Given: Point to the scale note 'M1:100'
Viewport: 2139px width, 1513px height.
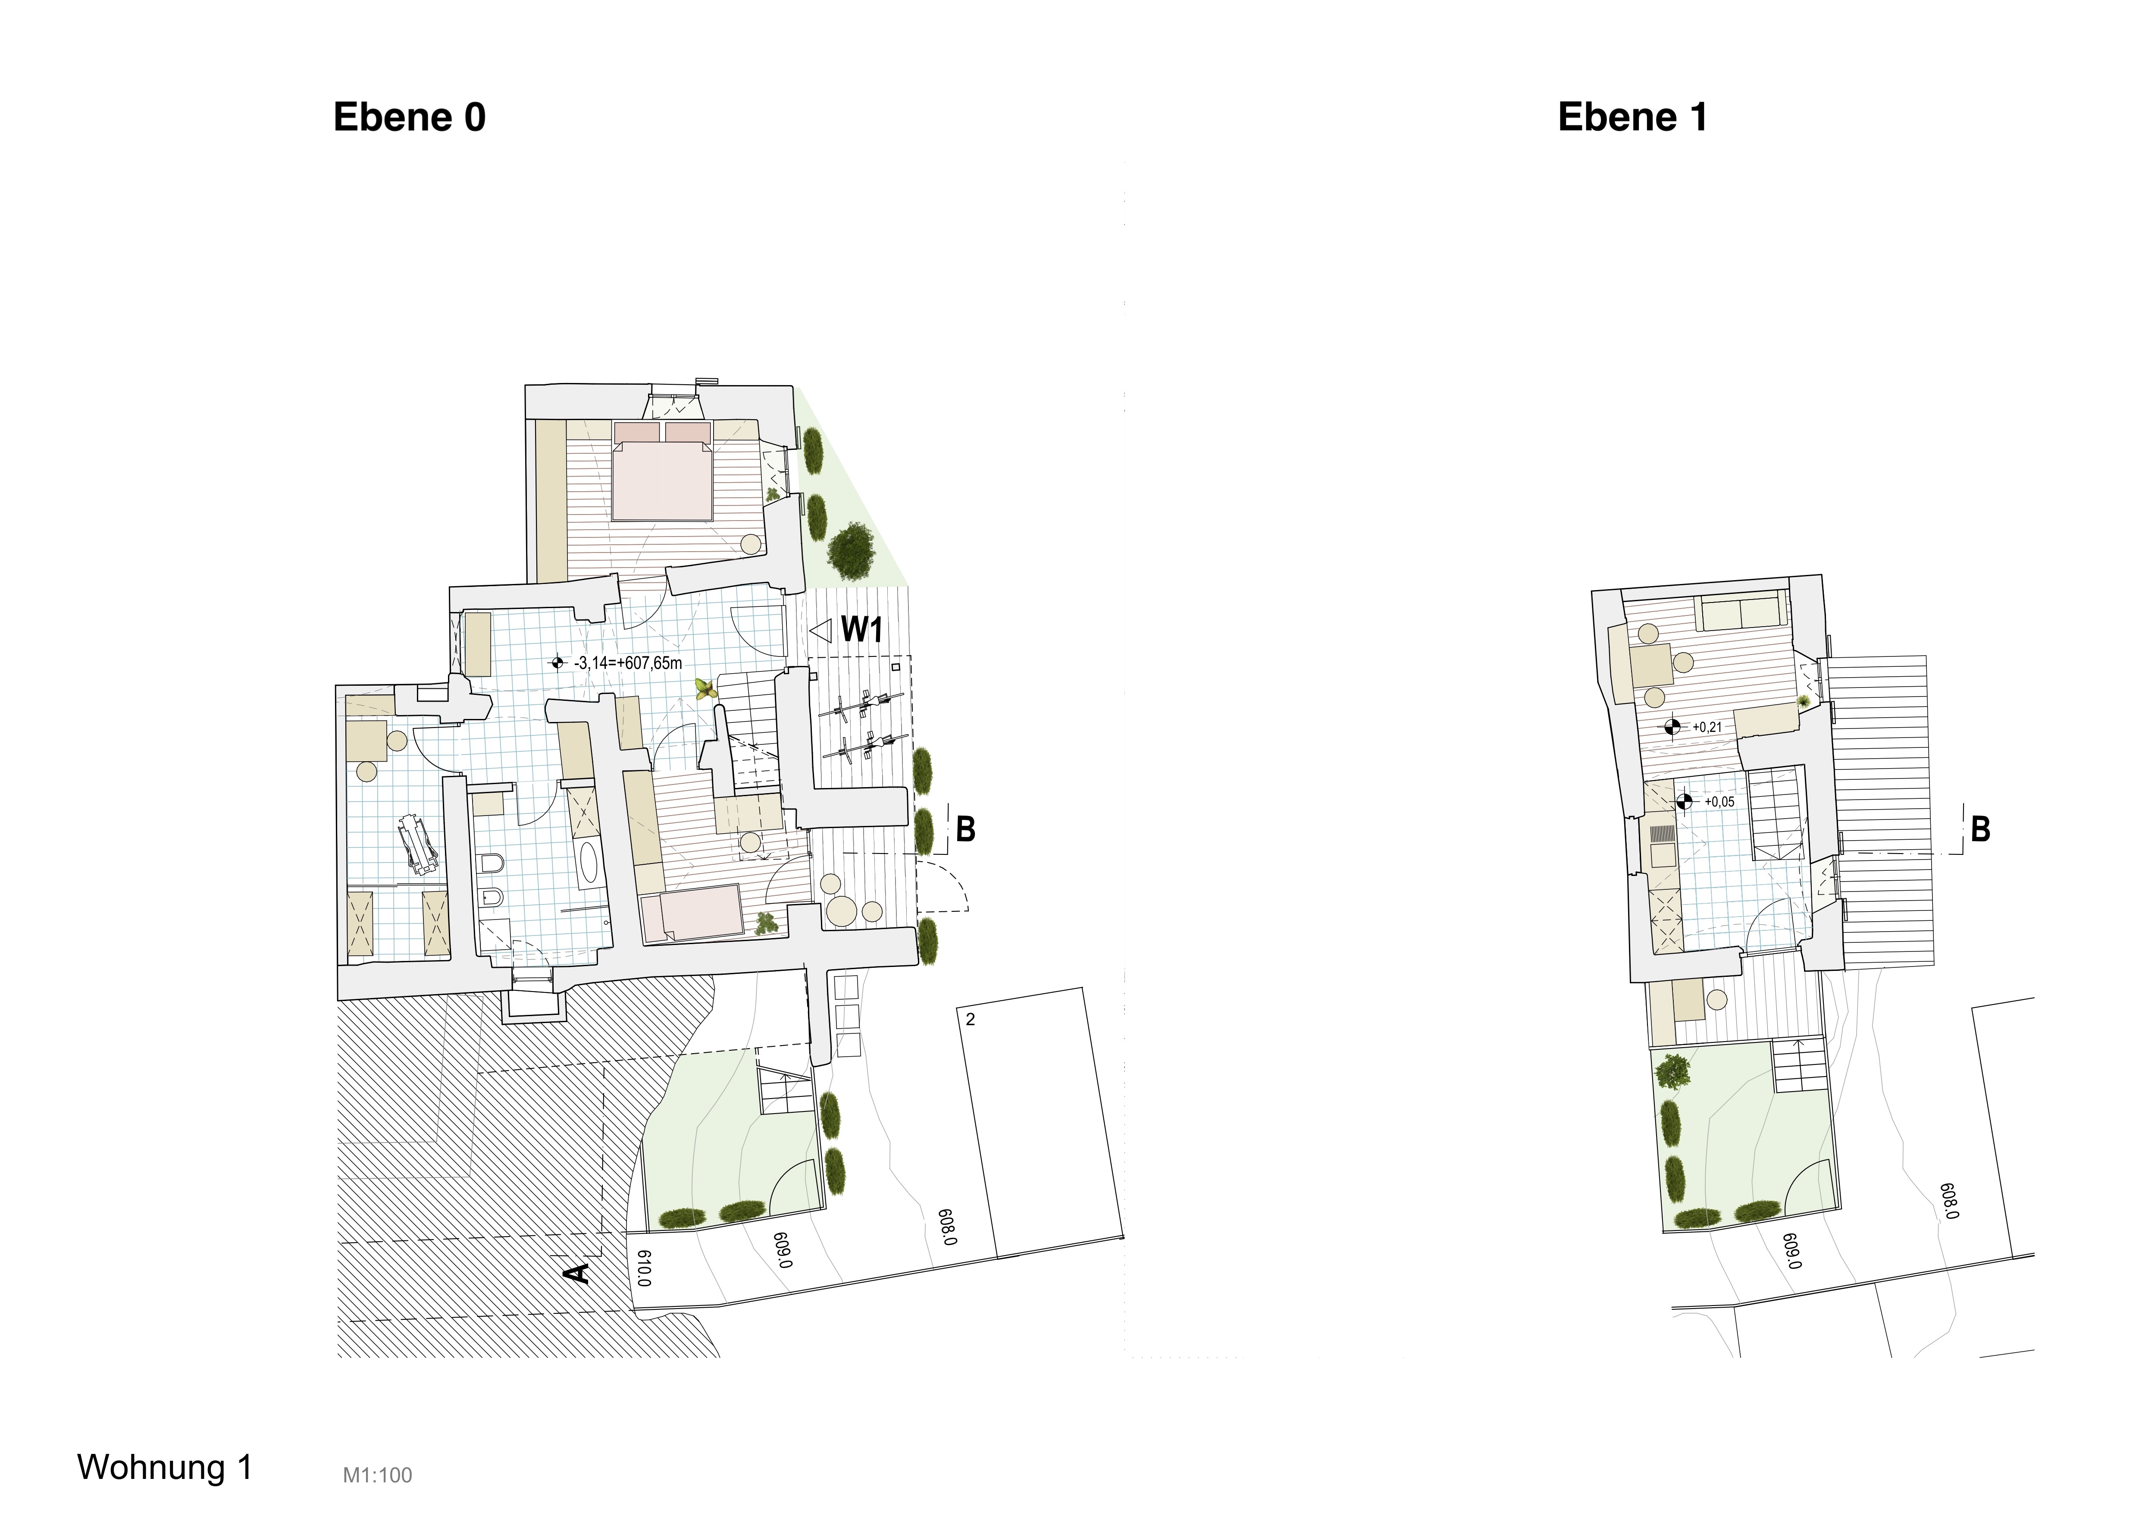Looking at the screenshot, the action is coord(377,1476).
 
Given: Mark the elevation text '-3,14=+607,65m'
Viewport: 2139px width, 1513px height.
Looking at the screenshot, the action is coord(629,663).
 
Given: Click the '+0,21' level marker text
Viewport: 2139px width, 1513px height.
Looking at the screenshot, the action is coord(1708,728).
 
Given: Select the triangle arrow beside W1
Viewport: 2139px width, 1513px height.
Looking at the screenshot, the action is coord(820,631).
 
